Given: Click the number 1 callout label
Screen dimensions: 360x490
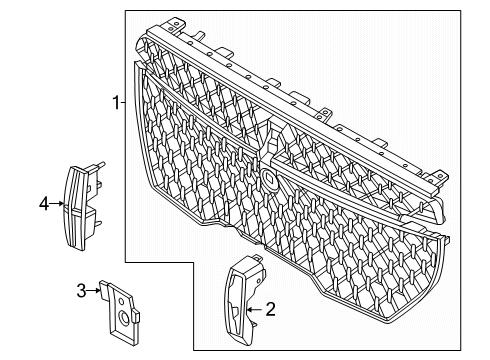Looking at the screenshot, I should (x=114, y=101).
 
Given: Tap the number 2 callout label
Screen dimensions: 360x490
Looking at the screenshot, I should (x=269, y=310).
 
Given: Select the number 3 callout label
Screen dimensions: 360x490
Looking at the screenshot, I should (x=82, y=291).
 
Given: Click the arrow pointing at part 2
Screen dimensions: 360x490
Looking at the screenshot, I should (x=252, y=310).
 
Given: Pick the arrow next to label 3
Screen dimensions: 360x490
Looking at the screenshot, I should (x=98, y=291).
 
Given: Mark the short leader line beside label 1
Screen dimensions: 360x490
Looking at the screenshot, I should (x=122, y=101).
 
